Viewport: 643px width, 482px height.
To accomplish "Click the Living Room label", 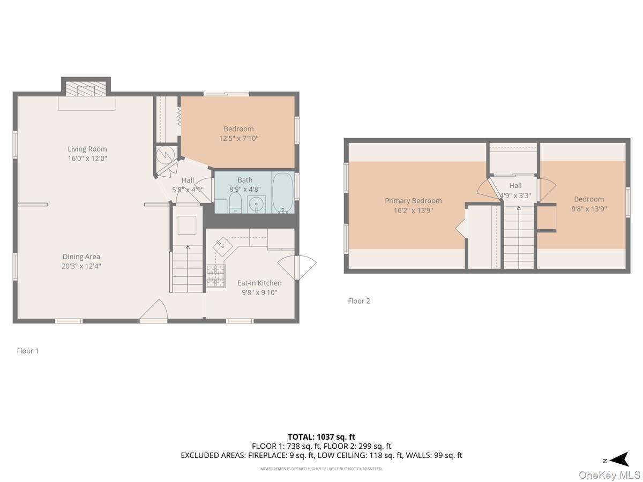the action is click(x=87, y=149).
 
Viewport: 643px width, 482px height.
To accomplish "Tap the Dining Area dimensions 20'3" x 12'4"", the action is click(x=81, y=266).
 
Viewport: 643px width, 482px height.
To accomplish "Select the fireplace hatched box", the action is click(x=86, y=89).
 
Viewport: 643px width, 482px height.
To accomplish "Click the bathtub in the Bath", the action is click(x=283, y=192).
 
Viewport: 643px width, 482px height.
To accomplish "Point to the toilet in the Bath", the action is click(x=235, y=203).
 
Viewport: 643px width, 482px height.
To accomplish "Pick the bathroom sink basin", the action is click(x=256, y=204).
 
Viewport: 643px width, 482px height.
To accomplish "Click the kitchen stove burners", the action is click(x=216, y=276).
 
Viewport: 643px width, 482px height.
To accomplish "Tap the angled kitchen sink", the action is click(x=222, y=246).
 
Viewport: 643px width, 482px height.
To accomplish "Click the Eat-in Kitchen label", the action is click(x=259, y=283).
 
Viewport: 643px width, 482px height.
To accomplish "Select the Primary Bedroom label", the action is click(x=413, y=201).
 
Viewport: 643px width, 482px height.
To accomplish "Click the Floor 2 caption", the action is click(x=359, y=301).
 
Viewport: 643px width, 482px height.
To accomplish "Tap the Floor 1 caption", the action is click(x=27, y=351).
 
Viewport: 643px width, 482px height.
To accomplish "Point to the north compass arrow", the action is click(x=619, y=459).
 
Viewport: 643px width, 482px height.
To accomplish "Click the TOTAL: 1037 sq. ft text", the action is click(x=322, y=437).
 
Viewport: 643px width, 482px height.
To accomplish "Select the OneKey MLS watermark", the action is click(x=609, y=475).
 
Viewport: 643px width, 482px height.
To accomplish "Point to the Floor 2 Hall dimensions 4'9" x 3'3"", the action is click(x=515, y=195).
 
